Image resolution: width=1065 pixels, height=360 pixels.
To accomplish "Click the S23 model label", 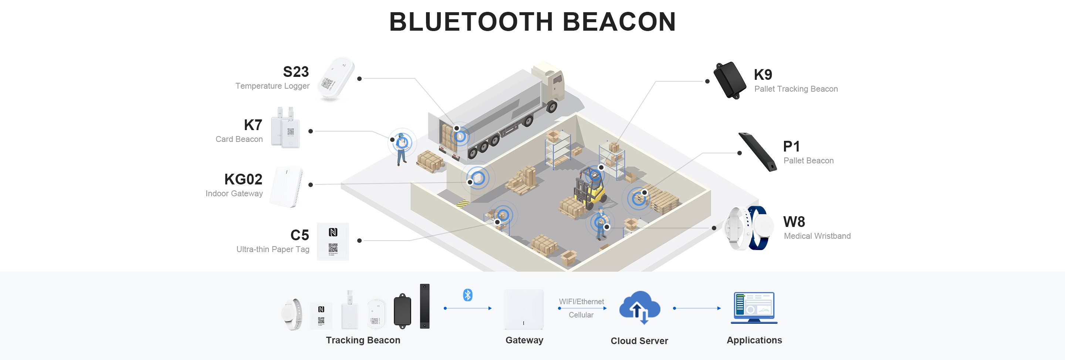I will click(x=295, y=72).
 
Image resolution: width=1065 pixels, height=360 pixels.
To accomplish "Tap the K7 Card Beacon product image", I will click(x=285, y=129).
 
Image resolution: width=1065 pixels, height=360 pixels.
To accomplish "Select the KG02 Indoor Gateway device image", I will click(x=287, y=187).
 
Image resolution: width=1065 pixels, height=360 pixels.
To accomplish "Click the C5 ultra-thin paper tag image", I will click(x=333, y=242).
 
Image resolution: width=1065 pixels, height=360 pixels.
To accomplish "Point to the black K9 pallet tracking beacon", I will click(x=730, y=80).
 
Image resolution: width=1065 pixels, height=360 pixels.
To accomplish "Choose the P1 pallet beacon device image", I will click(x=757, y=152).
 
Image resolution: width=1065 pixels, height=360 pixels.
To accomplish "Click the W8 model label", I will click(x=794, y=222).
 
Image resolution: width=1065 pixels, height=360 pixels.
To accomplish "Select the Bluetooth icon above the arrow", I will click(x=467, y=295).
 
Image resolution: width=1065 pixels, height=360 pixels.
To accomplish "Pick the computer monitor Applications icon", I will click(x=754, y=308).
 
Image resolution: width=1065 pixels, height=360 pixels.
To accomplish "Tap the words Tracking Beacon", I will click(x=363, y=340).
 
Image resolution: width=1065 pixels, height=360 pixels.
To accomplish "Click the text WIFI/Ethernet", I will click(x=581, y=302).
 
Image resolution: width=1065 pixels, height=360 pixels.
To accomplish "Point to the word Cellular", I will click(x=581, y=315).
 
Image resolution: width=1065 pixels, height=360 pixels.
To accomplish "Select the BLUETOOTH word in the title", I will click(x=471, y=21).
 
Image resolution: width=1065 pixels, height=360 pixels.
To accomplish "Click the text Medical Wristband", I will click(x=817, y=236).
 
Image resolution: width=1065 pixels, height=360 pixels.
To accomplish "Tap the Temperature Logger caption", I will click(x=272, y=86).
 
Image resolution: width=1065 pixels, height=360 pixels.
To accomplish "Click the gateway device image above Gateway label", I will click(x=524, y=309).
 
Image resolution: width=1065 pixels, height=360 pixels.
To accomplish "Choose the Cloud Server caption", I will click(x=639, y=341).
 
